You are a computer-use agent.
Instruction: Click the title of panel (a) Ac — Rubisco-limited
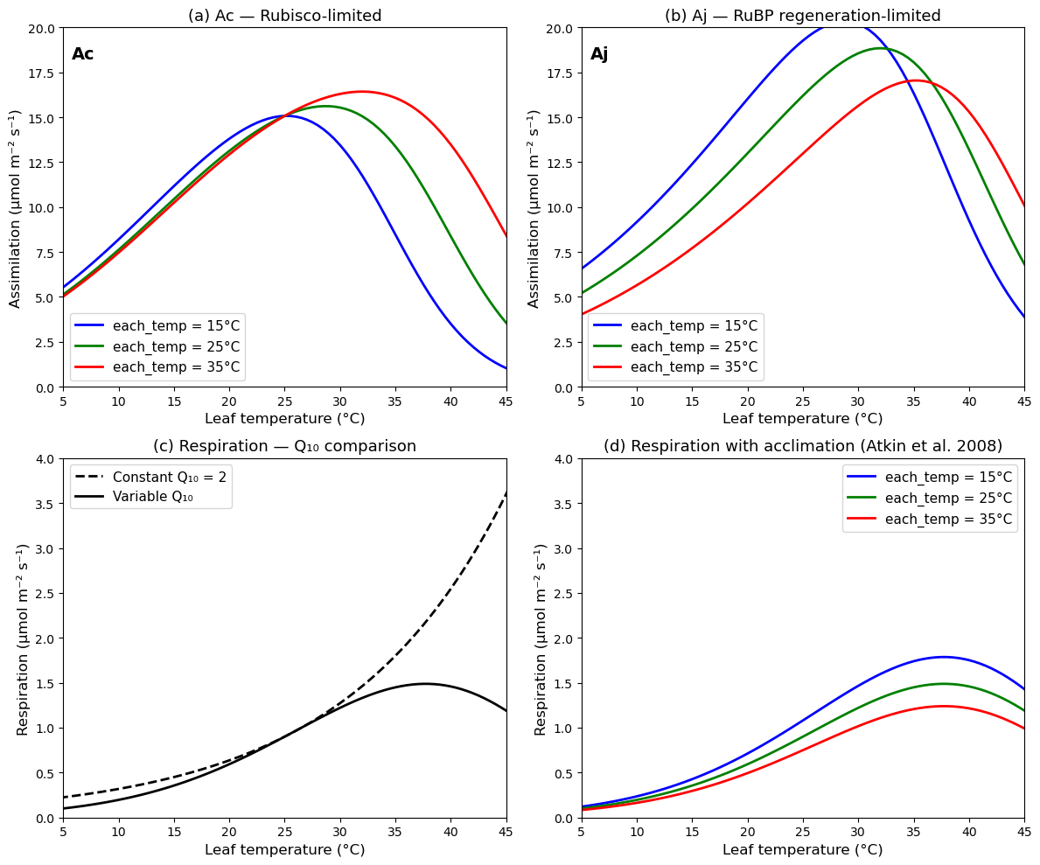284,16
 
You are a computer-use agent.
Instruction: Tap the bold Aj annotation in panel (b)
599,54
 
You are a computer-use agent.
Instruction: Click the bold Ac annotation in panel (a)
82,54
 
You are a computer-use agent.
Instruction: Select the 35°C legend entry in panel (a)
176,366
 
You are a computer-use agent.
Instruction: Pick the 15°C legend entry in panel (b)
694,326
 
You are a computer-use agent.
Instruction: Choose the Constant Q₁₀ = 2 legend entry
169,477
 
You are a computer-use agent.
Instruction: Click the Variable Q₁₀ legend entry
150,497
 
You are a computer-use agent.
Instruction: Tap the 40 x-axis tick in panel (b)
969,401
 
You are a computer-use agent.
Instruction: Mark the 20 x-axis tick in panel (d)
747,832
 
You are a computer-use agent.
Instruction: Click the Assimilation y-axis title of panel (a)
16,208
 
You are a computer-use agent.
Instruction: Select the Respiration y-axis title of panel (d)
541,638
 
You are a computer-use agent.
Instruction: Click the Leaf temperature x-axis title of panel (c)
284,849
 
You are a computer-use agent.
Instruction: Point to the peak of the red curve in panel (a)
361,91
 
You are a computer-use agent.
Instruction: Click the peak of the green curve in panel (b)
882,48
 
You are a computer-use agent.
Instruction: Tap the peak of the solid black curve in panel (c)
425,684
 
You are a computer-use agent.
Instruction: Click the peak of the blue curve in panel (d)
943,657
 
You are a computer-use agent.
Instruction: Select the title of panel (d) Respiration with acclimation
802,446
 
